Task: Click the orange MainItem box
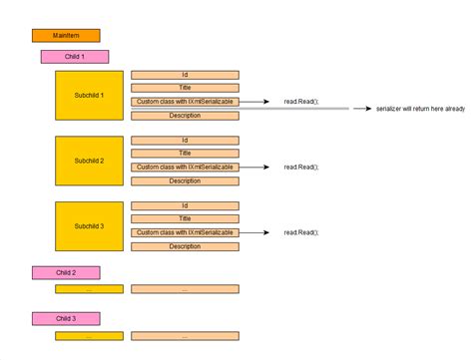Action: (66, 36)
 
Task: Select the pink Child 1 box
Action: (75, 57)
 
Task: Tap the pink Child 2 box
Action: (66, 272)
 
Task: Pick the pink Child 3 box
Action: (66, 318)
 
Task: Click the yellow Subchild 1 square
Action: (89, 95)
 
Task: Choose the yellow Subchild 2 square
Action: (89, 161)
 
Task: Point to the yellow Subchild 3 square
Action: (89, 226)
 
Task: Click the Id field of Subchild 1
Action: (185, 75)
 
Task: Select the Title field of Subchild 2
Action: (185, 154)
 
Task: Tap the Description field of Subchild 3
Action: (185, 246)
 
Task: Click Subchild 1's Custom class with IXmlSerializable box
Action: (185, 102)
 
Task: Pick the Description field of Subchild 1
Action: (185, 116)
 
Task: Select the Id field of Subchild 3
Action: (185, 205)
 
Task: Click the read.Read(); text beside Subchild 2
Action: (300, 168)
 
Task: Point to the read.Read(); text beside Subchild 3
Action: (300, 232)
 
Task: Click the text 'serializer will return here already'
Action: (420, 109)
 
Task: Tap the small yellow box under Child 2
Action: (89, 289)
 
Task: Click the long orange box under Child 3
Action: (185, 335)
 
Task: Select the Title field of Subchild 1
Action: (185, 88)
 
